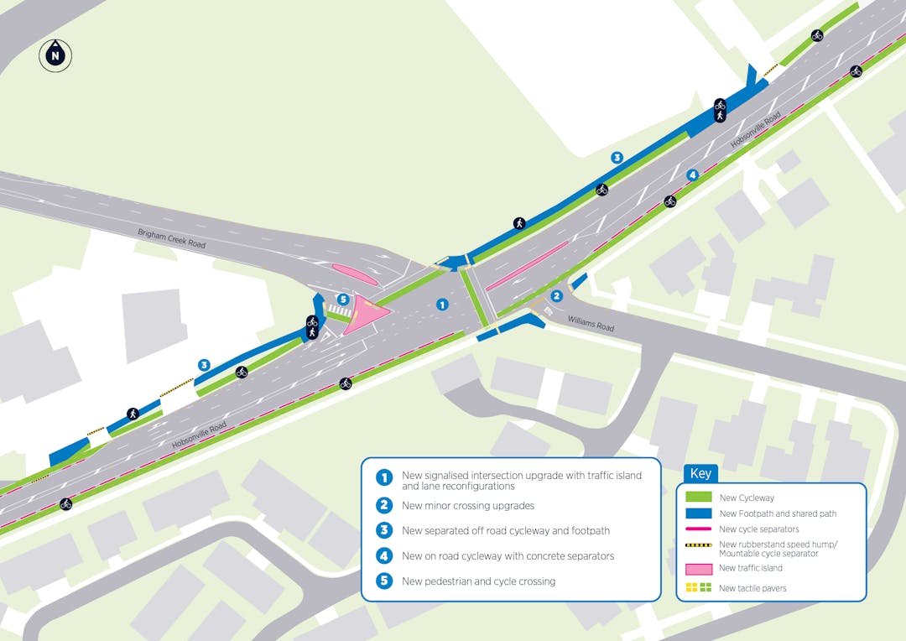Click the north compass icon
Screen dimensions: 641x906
(x=55, y=56)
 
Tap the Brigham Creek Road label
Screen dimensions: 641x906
(x=172, y=237)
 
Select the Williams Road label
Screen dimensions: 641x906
(x=591, y=323)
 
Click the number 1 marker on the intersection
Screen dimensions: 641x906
(x=442, y=305)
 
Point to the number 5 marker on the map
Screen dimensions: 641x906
(x=342, y=299)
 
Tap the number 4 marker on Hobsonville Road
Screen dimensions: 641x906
(x=692, y=175)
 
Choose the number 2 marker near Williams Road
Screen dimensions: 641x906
(x=556, y=295)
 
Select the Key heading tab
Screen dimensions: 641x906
(x=700, y=474)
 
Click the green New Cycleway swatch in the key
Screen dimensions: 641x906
(x=699, y=498)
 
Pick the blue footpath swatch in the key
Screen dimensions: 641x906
(x=699, y=513)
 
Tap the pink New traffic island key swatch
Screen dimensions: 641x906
(x=699, y=568)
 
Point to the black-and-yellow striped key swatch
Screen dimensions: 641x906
(x=699, y=545)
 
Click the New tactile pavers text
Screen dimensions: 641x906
(x=752, y=588)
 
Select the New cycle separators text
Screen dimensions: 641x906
(x=759, y=529)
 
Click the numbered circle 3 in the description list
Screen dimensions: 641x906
(x=384, y=530)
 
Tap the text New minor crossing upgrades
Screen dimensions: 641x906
(x=467, y=506)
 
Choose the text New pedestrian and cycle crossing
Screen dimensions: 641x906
(x=478, y=581)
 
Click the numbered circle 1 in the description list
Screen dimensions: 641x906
(x=384, y=477)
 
